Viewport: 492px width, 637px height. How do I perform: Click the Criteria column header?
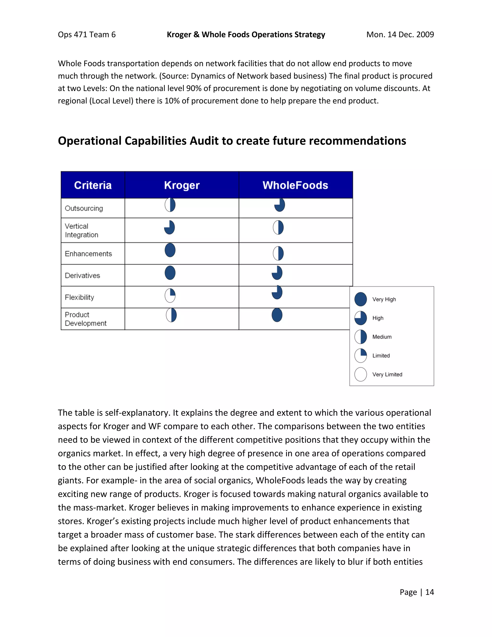[x=93, y=185]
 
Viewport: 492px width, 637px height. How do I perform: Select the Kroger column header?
[x=182, y=185]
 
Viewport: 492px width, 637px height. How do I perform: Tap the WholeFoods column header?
[x=295, y=185]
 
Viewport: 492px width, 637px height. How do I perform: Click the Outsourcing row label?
[x=84, y=208]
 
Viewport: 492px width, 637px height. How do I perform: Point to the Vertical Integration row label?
[x=81, y=231]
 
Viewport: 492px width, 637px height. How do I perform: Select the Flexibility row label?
[x=79, y=297]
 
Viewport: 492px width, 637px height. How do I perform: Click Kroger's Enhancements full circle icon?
[x=170, y=250]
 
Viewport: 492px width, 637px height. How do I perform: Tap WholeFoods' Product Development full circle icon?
[x=277, y=315]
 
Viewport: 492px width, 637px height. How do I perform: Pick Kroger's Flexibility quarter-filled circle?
[x=170, y=295]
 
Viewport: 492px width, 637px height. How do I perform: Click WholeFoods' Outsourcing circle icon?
[x=280, y=205]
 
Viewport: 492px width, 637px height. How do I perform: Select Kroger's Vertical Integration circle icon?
[x=169, y=227]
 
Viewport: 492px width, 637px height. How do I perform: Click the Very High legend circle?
[x=361, y=299]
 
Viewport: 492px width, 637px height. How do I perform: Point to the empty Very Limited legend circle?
[x=361, y=374]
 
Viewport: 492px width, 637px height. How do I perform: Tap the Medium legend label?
[x=382, y=337]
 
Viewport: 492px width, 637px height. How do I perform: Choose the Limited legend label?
[x=381, y=356]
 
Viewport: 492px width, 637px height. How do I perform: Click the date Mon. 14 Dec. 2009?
[x=400, y=34]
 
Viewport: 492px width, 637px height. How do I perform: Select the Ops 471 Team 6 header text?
[x=86, y=34]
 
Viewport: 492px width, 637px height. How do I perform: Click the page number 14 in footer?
[x=429, y=592]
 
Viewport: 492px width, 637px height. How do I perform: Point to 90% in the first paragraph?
[x=193, y=88]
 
